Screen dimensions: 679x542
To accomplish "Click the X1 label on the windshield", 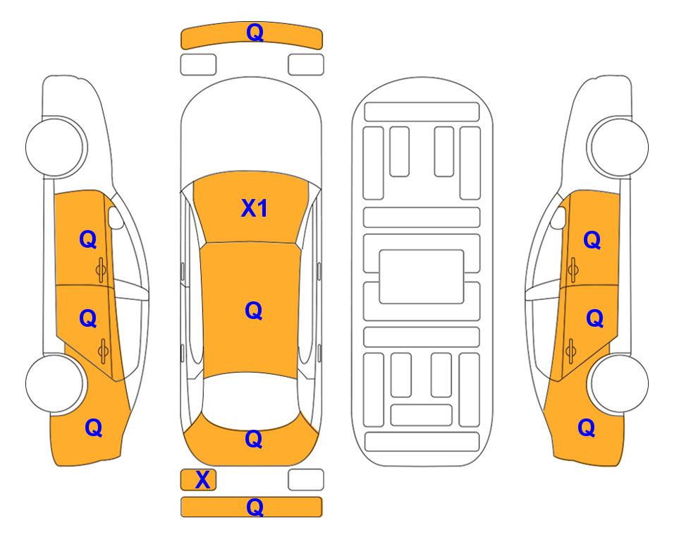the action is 255,208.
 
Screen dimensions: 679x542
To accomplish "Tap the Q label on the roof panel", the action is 254,311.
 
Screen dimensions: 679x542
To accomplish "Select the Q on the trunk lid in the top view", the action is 254,439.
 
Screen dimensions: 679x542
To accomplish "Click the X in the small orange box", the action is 202,480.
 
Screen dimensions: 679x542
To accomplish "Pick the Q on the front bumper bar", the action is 255,32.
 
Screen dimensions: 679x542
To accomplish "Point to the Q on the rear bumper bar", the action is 255,507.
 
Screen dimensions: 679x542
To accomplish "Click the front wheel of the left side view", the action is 56,147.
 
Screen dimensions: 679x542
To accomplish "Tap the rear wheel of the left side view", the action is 54,383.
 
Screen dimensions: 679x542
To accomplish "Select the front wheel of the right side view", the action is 618,147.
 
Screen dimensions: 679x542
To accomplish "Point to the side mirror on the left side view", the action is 116,217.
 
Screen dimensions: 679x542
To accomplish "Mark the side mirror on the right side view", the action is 558,217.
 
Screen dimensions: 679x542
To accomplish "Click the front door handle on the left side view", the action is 101,270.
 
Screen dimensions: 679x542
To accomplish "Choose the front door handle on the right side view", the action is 573,270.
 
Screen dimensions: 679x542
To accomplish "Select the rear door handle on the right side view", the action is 570,351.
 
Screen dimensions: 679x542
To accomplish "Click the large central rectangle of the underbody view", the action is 422,277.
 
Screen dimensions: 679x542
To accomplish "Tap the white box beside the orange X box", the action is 306,480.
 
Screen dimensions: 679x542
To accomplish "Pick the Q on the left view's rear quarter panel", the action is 94,428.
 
